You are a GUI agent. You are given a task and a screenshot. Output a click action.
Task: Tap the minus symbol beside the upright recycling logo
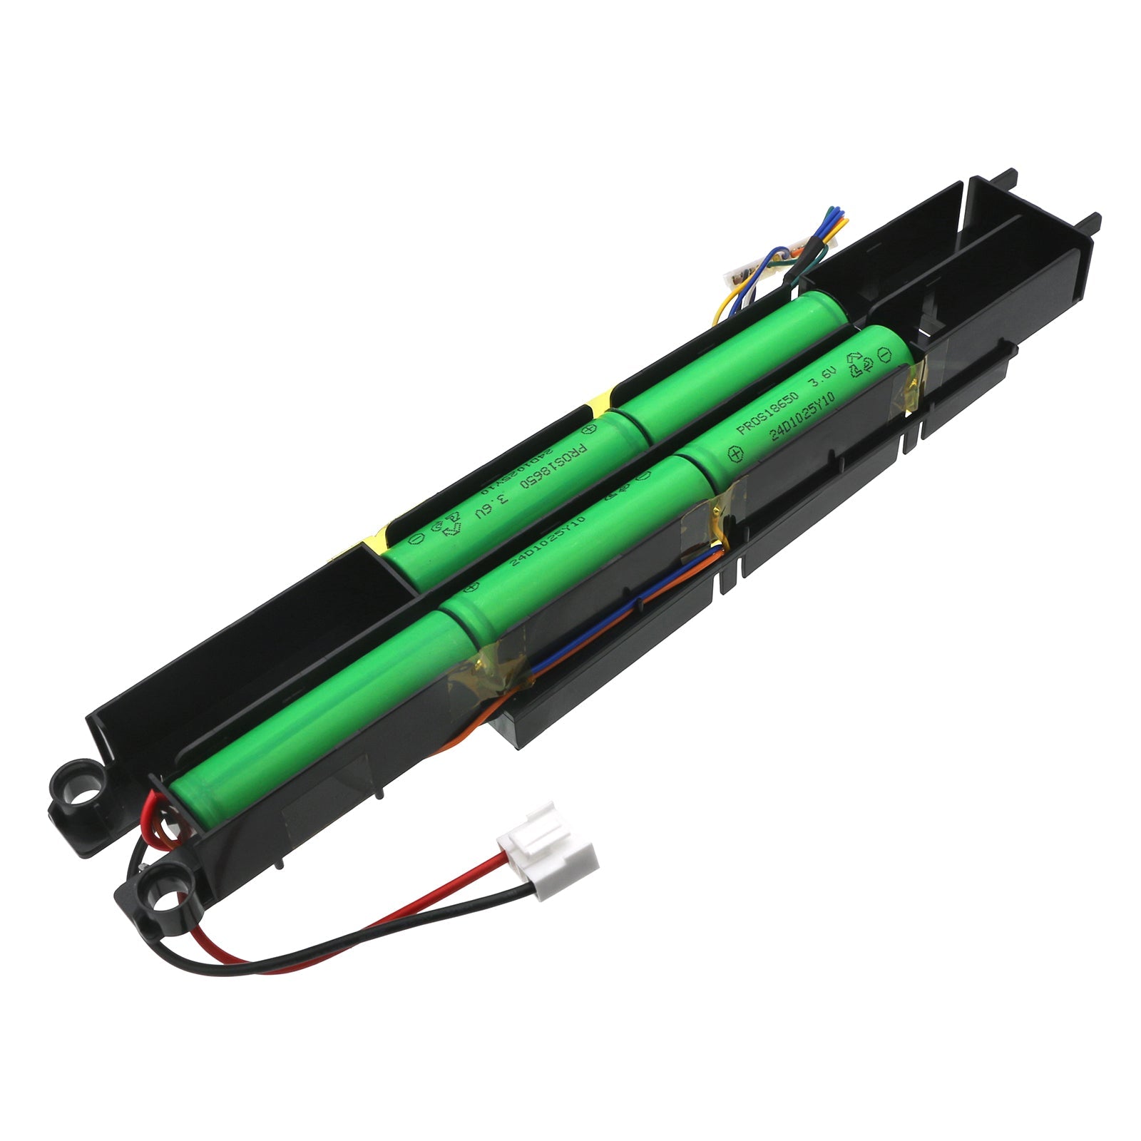[884, 354]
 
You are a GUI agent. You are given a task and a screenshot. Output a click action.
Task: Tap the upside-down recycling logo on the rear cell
[448, 528]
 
